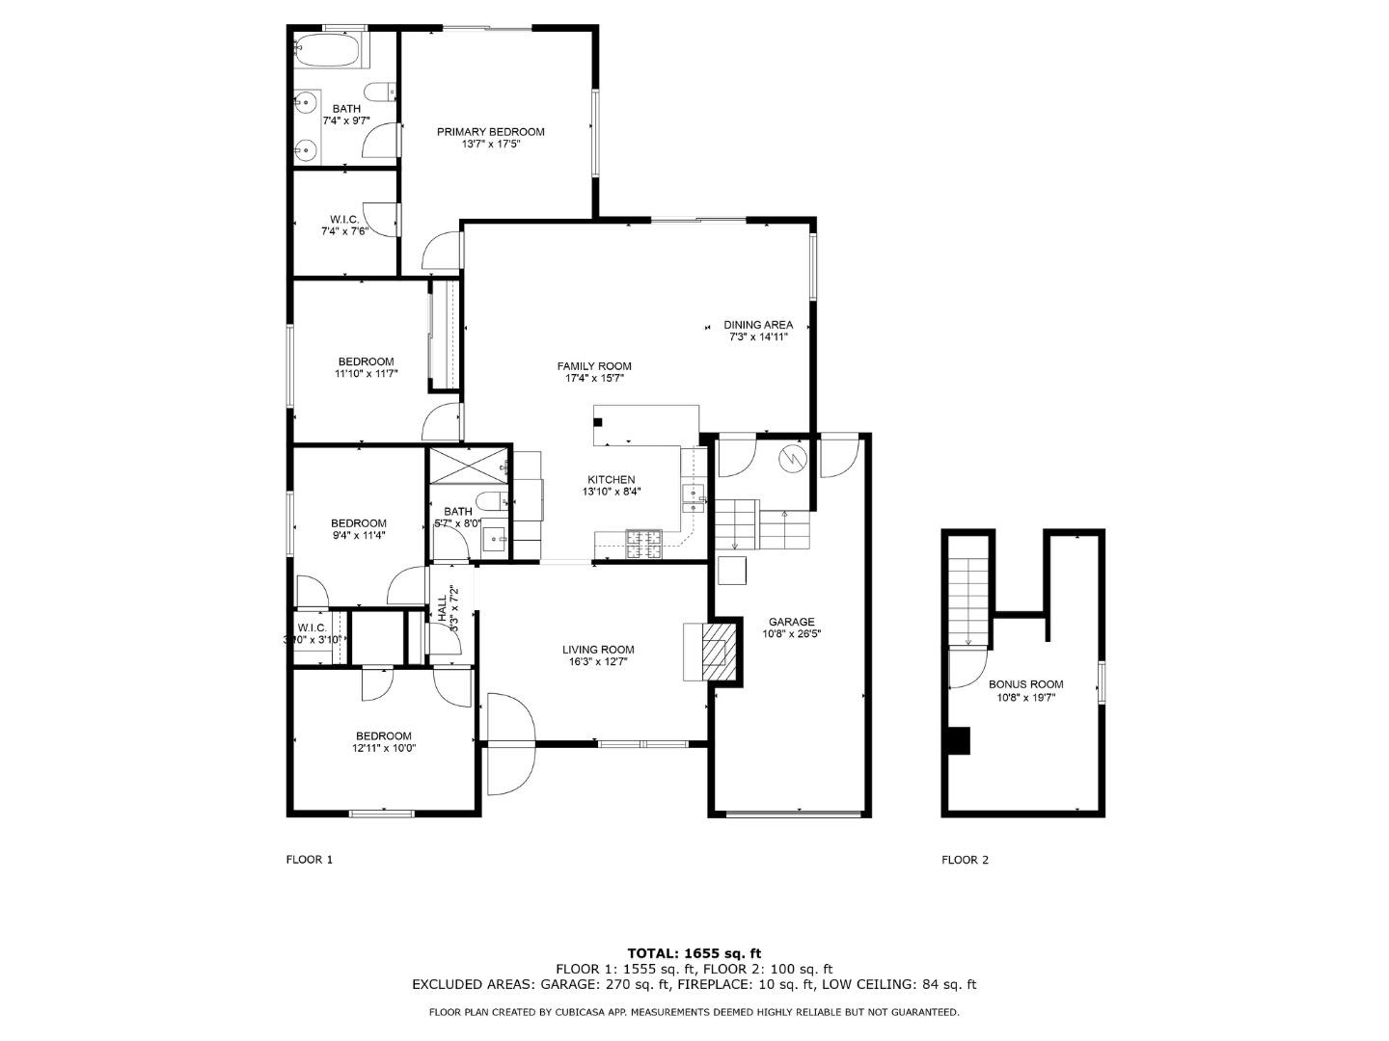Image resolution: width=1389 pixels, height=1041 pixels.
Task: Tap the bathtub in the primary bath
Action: point(328,50)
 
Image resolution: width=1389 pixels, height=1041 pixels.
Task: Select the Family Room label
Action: point(594,366)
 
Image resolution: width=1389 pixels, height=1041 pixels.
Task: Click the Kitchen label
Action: point(612,480)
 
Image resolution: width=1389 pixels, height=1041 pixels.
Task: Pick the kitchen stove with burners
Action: point(643,545)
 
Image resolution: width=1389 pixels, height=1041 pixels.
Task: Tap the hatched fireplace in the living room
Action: point(715,653)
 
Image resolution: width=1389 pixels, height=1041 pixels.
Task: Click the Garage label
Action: point(791,622)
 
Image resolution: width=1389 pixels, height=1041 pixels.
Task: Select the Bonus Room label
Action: point(1025,684)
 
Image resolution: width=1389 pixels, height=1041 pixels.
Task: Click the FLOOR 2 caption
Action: point(965,860)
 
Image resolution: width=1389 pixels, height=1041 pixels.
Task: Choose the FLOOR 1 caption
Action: point(310,860)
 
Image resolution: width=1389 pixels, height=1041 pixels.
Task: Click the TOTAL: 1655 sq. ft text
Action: point(694,953)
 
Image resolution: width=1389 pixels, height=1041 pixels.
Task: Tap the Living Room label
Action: point(598,650)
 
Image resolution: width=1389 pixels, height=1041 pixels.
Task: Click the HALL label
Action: point(442,608)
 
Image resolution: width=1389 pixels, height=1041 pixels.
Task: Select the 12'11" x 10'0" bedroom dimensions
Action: point(383,748)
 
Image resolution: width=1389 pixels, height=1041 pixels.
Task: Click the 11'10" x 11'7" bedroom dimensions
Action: point(366,374)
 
